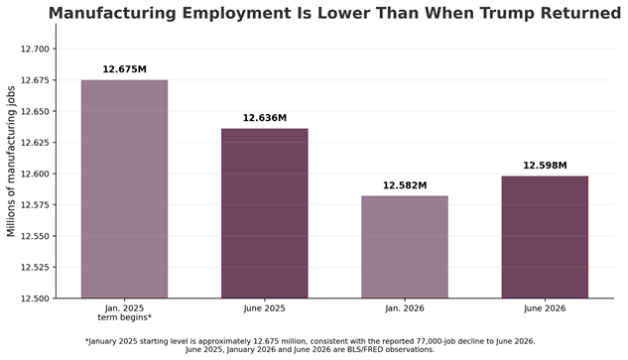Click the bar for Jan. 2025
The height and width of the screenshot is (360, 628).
(x=125, y=189)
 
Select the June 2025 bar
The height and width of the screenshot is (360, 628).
(x=265, y=213)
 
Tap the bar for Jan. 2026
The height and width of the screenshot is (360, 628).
(x=405, y=247)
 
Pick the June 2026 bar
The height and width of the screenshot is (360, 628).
(x=545, y=237)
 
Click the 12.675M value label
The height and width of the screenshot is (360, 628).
(x=125, y=69)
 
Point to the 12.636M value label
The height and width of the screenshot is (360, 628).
(x=265, y=118)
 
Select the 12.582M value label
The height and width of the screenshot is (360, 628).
(x=405, y=185)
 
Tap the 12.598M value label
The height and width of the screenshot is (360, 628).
(x=545, y=166)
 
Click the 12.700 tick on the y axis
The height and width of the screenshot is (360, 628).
(x=36, y=50)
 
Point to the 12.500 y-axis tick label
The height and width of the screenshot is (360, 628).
(x=36, y=299)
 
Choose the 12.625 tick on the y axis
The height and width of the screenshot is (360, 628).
(x=36, y=143)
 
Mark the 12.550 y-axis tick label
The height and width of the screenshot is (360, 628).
(x=36, y=236)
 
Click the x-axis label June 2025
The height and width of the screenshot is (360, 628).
(x=265, y=308)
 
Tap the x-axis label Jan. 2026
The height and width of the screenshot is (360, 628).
(x=405, y=308)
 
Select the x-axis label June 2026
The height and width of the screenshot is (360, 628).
(x=545, y=308)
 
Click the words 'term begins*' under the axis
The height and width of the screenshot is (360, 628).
(x=125, y=317)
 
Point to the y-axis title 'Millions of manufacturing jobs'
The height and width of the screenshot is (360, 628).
(x=11, y=162)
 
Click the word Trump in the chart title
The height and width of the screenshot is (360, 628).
(x=506, y=13)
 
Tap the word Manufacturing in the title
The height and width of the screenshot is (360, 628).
(x=112, y=13)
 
